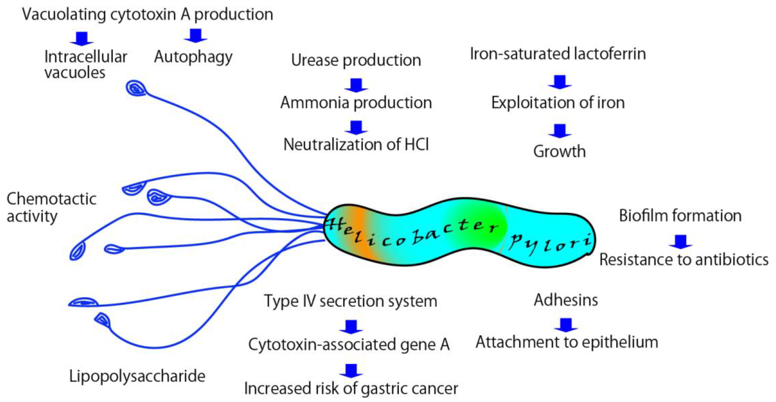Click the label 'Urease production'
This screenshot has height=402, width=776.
click(356, 60)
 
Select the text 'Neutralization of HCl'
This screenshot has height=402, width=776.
click(356, 144)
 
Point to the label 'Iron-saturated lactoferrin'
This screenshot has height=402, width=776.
click(558, 54)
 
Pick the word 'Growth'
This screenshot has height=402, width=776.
click(559, 151)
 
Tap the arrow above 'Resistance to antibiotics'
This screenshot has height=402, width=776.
click(680, 242)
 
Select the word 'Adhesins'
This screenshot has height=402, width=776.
click(566, 300)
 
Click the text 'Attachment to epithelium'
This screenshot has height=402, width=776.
click(567, 342)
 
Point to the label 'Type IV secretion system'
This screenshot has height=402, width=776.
click(351, 301)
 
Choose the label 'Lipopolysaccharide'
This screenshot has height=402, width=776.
click(137, 376)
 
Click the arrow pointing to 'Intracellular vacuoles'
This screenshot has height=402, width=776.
click(82, 39)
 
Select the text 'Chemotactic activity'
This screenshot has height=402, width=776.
click(51, 208)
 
